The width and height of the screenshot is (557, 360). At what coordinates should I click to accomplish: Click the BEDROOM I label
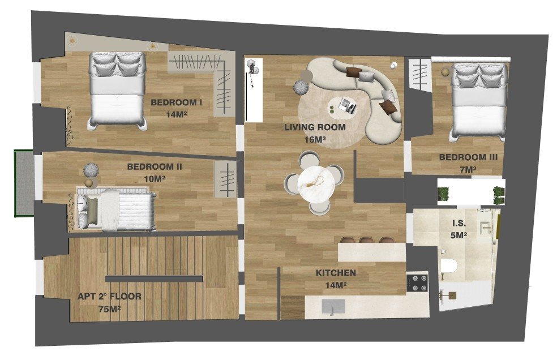click(176, 102)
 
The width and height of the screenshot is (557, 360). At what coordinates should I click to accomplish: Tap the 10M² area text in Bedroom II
click(154, 179)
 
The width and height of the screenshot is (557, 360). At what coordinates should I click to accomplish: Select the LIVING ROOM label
click(315, 127)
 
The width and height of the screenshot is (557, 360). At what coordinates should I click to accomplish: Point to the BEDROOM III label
click(468, 157)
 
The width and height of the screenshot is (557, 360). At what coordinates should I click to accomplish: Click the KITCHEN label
click(336, 273)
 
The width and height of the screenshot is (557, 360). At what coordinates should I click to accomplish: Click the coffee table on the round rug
click(345, 105)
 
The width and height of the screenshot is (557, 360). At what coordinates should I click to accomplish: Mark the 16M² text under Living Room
click(315, 139)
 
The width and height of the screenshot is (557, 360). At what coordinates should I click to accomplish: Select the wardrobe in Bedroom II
click(225, 179)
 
